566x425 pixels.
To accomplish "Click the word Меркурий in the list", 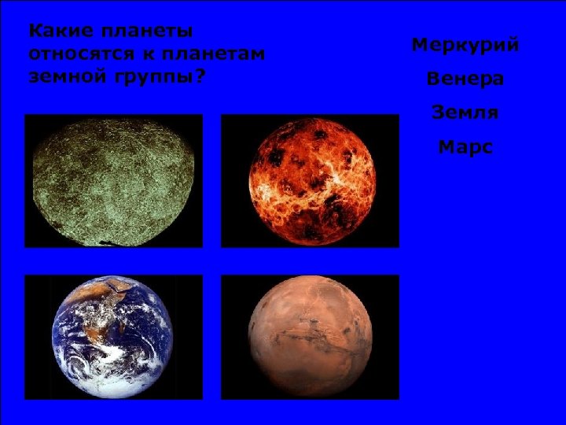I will point(465,45).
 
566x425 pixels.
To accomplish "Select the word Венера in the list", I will point(465,79).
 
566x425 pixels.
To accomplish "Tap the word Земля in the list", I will point(465,113).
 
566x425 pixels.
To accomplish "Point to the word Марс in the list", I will point(465,146).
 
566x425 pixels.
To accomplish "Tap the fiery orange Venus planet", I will point(310,180).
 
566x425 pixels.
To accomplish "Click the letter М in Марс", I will point(447,146).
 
